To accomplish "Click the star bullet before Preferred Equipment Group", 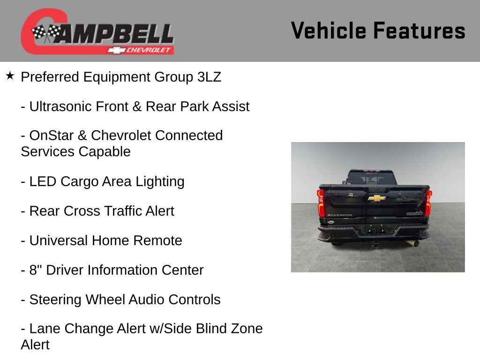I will click(x=10, y=75).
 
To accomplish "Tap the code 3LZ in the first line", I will click(x=209, y=77).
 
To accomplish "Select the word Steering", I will click(x=55, y=300).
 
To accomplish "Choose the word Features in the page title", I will click(x=419, y=31).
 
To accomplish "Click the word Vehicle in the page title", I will click(x=329, y=31).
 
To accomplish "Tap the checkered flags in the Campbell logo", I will click(x=46, y=33).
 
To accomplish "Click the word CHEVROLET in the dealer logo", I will click(x=150, y=50).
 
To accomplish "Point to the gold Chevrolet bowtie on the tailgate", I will click(x=376, y=198).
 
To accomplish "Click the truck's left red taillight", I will click(x=321, y=203).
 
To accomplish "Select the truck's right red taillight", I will click(x=428, y=202).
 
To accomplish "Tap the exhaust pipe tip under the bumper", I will click(x=415, y=243).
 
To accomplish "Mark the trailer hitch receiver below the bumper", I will click(x=375, y=244).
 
